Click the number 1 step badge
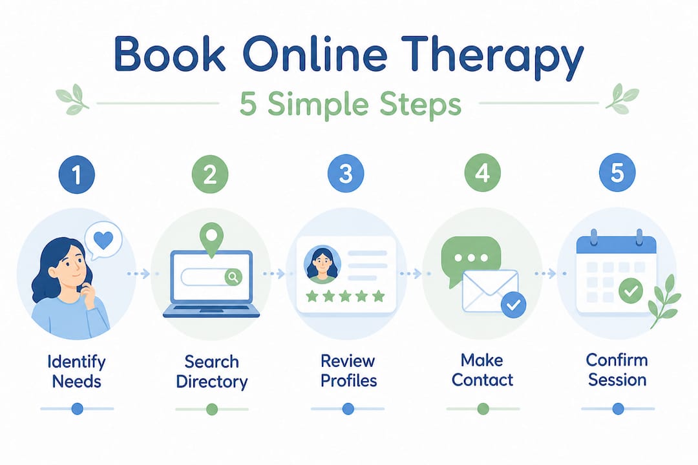click(x=76, y=174)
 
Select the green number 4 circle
click(x=483, y=173)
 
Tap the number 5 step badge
click(x=617, y=172)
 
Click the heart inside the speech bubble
click(x=103, y=240)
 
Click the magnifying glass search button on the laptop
click(x=233, y=277)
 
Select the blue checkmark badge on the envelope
click(x=513, y=305)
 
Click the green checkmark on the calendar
click(x=630, y=291)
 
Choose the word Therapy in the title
click(x=492, y=56)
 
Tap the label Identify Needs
click(x=76, y=371)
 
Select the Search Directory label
click(x=212, y=371)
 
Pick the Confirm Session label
click(x=617, y=370)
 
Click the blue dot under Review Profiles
click(x=348, y=408)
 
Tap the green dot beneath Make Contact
click(x=483, y=408)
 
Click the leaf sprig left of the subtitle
click(x=72, y=99)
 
